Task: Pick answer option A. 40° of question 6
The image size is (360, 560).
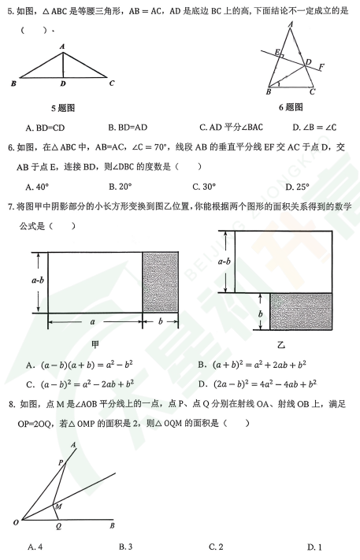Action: point(38,187)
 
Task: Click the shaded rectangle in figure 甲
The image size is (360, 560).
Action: point(160,281)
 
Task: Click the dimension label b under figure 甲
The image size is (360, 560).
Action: point(161,322)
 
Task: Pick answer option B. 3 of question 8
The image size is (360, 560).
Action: point(125,546)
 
